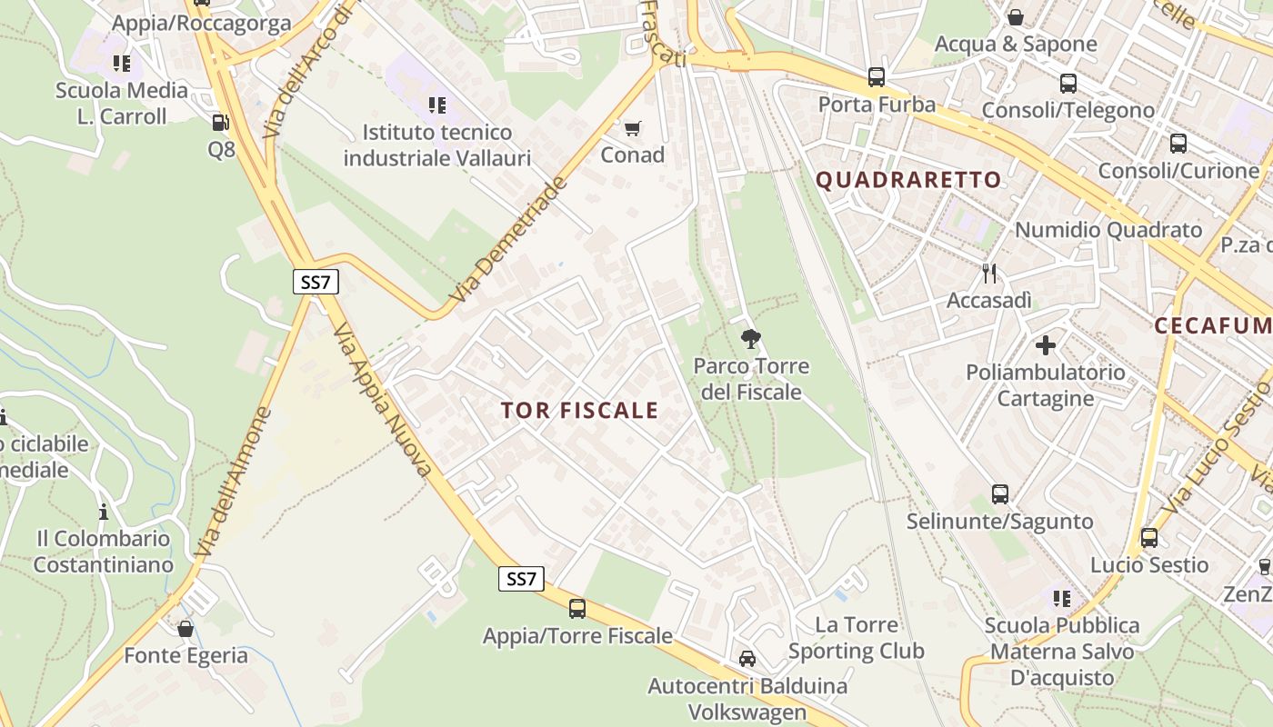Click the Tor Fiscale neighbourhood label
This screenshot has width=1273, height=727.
point(579,410)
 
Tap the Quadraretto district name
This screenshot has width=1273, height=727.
point(908,179)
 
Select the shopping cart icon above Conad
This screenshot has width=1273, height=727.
point(632,128)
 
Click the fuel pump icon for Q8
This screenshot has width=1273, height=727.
point(220,123)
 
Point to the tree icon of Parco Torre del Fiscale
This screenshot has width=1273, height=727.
point(750,340)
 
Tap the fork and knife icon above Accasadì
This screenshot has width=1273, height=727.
point(989,273)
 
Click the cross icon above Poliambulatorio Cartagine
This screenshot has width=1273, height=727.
point(1046,345)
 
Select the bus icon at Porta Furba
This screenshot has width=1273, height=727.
point(877,77)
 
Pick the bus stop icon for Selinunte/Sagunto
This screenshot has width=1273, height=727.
point(1000,494)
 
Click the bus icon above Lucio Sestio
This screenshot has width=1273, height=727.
point(1149,537)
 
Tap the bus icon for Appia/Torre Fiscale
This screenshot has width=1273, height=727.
point(577,609)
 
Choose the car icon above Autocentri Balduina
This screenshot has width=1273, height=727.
point(747,659)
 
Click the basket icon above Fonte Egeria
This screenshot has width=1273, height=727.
point(185,629)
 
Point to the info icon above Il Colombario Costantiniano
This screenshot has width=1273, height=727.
point(104,512)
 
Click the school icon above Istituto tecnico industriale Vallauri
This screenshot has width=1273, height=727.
point(437,105)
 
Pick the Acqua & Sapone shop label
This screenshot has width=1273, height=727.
point(1016,44)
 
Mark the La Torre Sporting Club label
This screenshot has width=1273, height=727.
point(856,638)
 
